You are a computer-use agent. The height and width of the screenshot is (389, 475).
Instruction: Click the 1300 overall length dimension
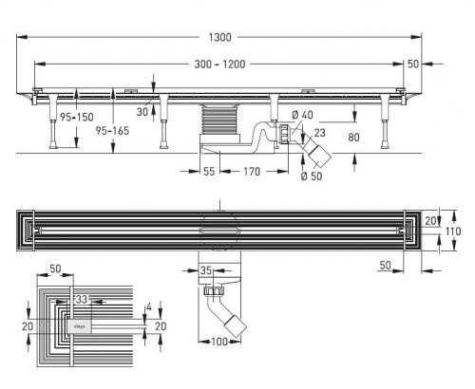[x=219, y=37]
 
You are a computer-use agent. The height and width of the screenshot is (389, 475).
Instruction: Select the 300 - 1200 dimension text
[x=219, y=65]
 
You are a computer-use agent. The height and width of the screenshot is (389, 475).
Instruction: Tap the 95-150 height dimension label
[x=77, y=117]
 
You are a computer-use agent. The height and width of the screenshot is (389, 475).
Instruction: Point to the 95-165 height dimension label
[x=112, y=131]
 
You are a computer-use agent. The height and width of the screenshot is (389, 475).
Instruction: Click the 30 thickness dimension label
[x=142, y=112]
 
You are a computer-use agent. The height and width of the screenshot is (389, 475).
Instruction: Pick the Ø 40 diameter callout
[x=302, y=115]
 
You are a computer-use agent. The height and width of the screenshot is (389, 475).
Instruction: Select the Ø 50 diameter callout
[x=312, y=176]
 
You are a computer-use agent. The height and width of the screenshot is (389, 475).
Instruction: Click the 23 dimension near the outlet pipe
[x=319, y=133]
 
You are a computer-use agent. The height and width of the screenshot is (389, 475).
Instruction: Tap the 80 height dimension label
[x=353, y=138]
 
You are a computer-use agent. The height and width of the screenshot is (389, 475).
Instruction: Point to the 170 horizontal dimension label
[x=252, y=172]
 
